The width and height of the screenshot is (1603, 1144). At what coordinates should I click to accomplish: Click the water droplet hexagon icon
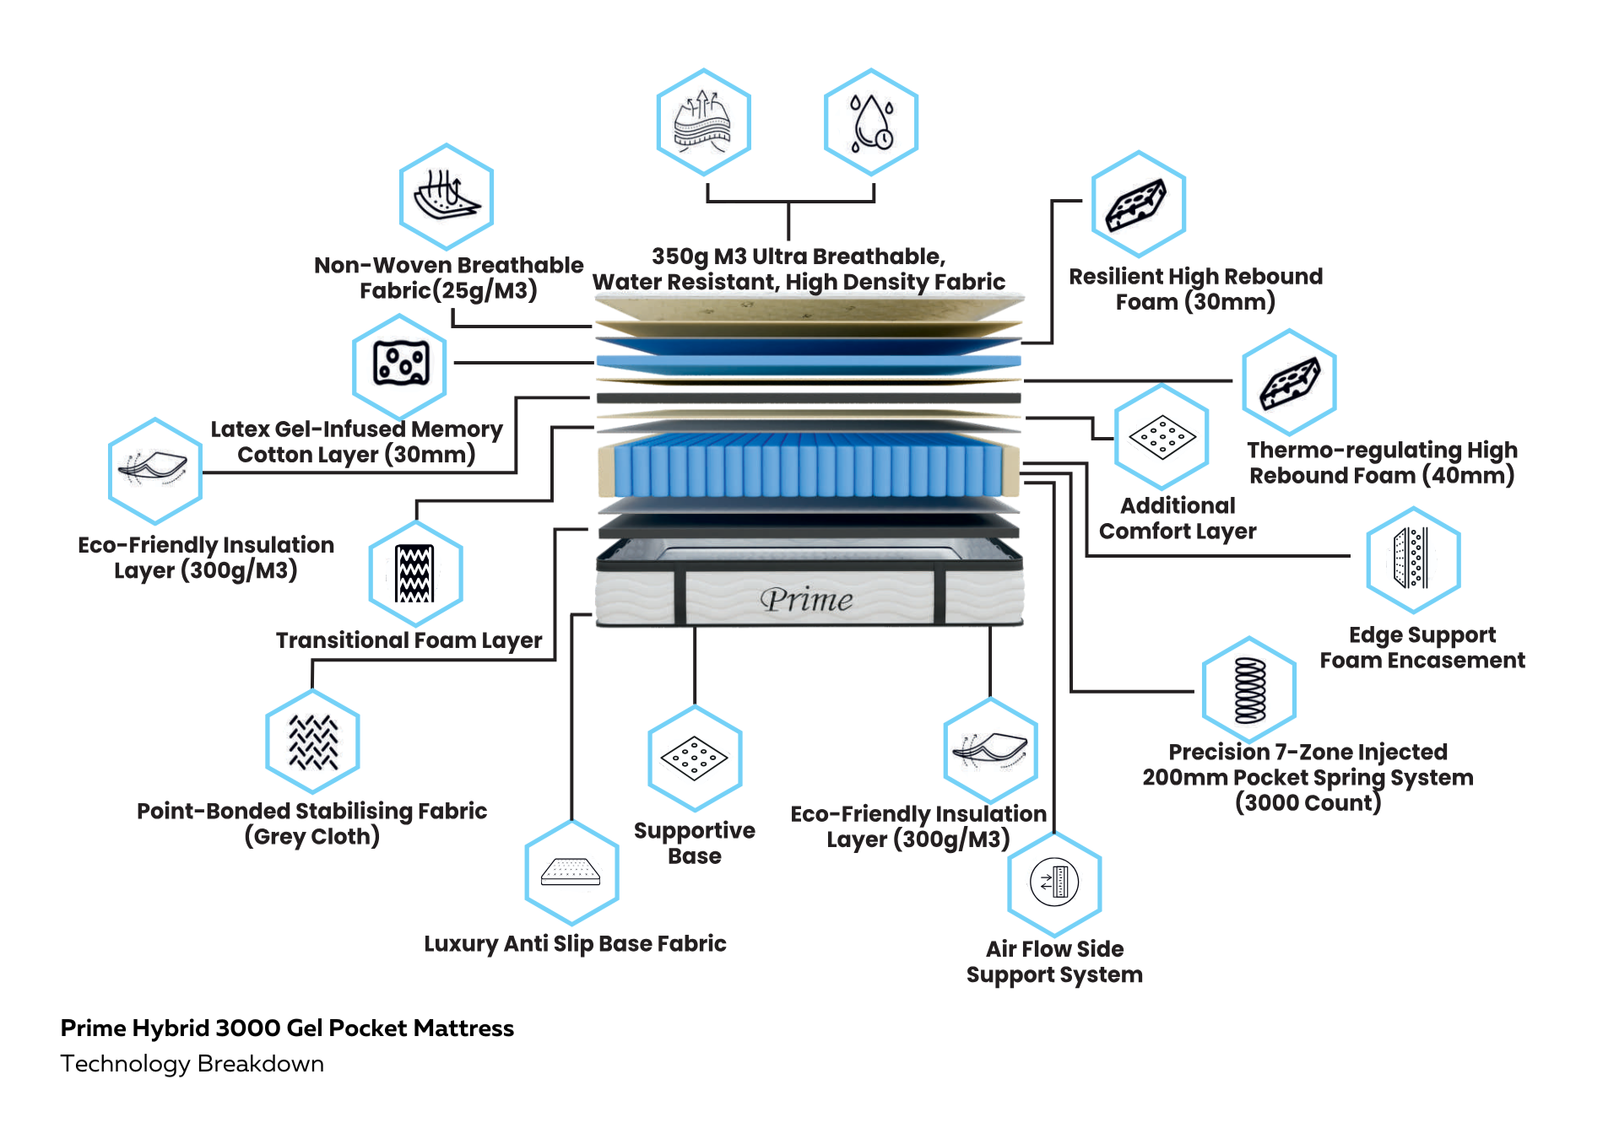click(x=870, y=123)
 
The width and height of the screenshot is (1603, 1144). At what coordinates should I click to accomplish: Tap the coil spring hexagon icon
click(x=1249, y=690)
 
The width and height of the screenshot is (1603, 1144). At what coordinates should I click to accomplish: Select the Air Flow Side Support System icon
click(x=1054, y=882)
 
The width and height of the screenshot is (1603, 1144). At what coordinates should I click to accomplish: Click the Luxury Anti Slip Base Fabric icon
click(x=571, y=872)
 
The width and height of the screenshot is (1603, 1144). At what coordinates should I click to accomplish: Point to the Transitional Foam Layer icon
click(x=415, y=574)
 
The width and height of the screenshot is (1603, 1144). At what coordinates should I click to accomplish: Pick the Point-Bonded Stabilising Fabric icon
click(x=312, y=742)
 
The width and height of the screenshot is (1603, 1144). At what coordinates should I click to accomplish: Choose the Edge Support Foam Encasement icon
click(x=1413, y=559)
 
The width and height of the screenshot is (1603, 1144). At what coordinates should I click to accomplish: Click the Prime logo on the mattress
click(x=806, y=600)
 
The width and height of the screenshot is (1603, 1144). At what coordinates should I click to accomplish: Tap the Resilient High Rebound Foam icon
click(x=1138, y=204)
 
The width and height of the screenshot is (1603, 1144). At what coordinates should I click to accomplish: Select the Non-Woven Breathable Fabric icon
click(x=446, y=197)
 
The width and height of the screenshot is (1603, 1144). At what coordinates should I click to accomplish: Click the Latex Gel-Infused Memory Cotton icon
click(x=399, y=365)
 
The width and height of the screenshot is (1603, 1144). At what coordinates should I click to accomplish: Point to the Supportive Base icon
click(x=695, y=758)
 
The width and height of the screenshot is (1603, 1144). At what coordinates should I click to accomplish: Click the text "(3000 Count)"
click(x=1308, y=802)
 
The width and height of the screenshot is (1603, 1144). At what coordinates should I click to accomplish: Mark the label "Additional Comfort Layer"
click(x=1177, y=518)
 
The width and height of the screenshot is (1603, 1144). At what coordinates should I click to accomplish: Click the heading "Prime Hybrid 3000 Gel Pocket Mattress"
click(x=287, y=1028)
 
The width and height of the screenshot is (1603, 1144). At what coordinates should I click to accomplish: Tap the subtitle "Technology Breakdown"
click(x=192, y=1063)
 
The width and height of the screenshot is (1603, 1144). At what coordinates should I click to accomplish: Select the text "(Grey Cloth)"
click(x=311, y=836)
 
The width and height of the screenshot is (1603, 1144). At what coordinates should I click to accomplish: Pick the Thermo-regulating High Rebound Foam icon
click(x=1289, y=383)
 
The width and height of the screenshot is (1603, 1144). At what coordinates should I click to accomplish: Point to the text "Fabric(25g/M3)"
click(x=448, y=290)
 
